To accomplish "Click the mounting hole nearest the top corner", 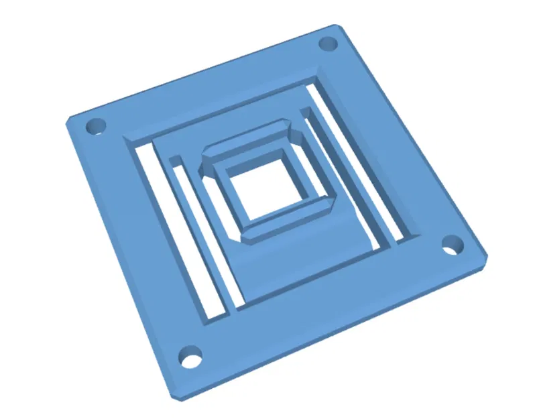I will [x=327, y=44].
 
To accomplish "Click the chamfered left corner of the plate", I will [x=68, y=121].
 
